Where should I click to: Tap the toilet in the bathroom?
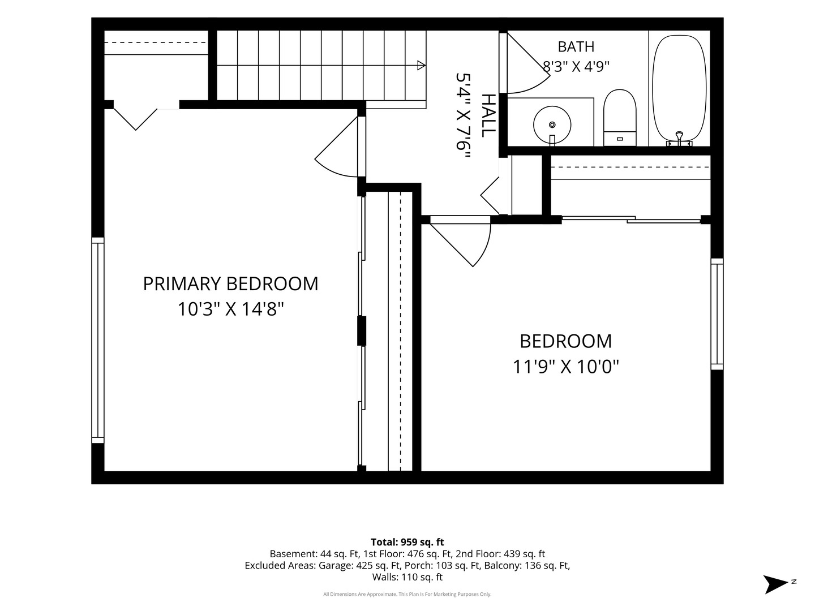620,118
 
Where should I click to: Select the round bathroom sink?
552,124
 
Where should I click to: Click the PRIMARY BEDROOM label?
230,284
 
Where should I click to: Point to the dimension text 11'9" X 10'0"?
566,367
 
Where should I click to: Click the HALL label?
488,115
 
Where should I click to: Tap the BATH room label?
576,47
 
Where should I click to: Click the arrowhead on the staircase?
421,65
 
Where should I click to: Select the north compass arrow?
775,584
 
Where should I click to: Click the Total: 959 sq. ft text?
407,542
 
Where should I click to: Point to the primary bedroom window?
98,340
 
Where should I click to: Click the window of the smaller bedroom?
717,314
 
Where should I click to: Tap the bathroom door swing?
529,63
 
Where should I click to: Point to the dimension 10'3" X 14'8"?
230,309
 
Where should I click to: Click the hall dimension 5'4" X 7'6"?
464,116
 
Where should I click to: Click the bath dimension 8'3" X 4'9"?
576,67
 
